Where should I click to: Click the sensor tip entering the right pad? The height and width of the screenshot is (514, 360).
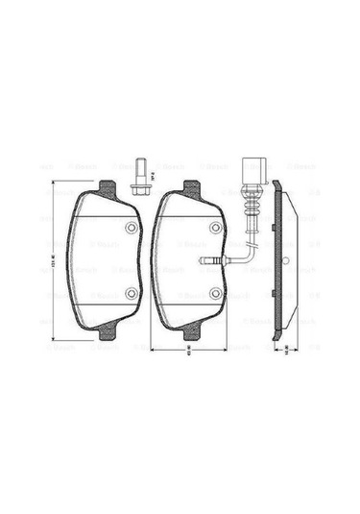[x=205, y=261]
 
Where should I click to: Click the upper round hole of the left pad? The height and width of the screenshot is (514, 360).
[x=132, y=229]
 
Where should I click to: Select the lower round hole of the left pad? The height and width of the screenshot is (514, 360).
[x=132, y=293]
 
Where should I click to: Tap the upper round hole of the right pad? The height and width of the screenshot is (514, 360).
[x=215, y=229]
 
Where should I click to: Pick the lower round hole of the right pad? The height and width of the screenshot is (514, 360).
[x=215, y=293]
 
